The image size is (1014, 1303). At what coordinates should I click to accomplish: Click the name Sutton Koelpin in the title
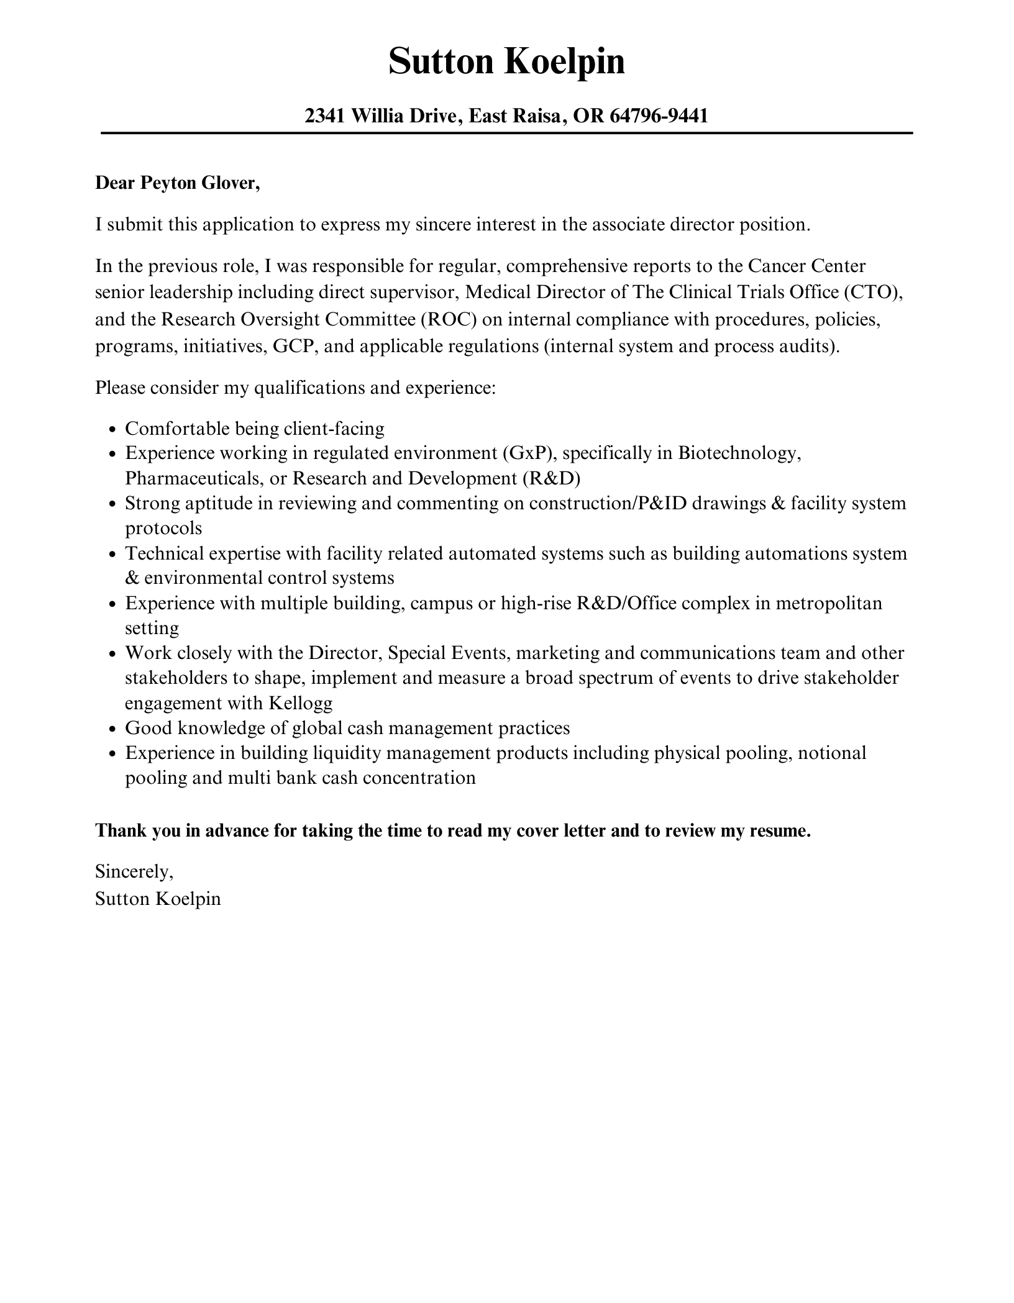tap(506, 62)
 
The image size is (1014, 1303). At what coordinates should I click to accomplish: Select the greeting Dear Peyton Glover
tap(177, 183)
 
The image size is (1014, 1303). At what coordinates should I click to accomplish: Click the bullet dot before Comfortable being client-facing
tap(112, 430)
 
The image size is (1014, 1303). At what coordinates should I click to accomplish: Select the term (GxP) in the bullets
tap(528, 453)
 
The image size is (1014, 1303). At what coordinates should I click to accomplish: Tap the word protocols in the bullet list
tap(163, 529)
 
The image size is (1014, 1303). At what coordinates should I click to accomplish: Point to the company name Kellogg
tap(301, 703)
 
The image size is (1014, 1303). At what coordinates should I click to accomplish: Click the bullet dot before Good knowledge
tap(112, 729)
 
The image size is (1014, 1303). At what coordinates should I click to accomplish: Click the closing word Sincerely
tap(134, 872)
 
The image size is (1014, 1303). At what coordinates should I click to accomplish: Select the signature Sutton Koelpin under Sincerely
tap(158, 899)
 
